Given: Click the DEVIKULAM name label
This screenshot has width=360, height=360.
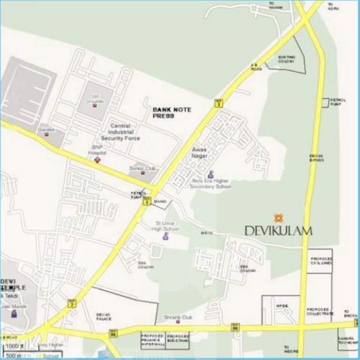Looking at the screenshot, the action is (x=278, y=230).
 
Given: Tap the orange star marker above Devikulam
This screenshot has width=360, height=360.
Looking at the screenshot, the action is (x=278, y=218).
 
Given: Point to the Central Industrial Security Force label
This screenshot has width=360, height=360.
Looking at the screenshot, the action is (x=120, y=132).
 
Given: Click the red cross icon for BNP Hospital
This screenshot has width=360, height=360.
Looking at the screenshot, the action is (x=97, y=160).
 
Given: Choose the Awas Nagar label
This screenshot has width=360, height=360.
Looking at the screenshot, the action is (x=199, y=153).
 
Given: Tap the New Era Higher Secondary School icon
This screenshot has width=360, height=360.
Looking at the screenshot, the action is (x=210, y=174).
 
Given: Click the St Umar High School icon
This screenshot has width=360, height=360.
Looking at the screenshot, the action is (x=165, y=236).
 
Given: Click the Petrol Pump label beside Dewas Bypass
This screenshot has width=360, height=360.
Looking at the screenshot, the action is (x=338, y=102).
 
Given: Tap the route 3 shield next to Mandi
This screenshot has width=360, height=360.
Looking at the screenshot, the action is (x=147, y=202).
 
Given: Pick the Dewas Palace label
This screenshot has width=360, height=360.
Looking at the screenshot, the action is (x=104, y=317).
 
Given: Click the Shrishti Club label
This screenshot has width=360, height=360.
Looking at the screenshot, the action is (x=178, y=317).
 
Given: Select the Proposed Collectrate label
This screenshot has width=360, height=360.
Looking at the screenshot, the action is (x=320, y=311).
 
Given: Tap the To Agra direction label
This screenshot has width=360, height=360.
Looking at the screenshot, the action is (x=333, y=6).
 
